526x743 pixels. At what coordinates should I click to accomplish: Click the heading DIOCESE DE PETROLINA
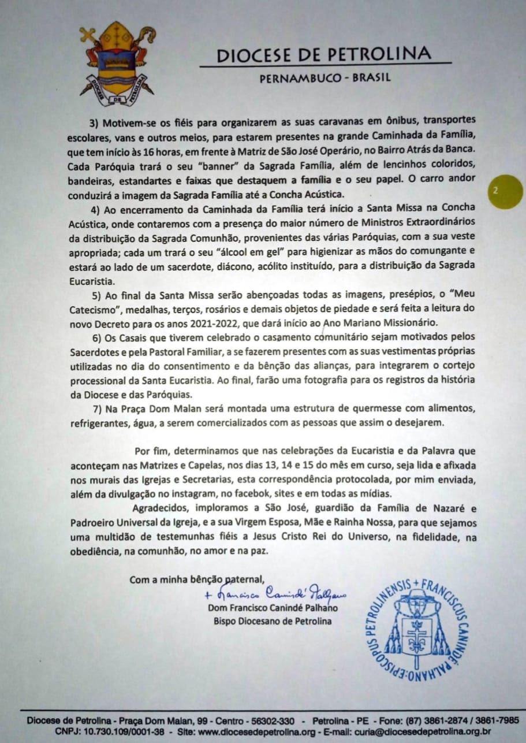tap(323, 55)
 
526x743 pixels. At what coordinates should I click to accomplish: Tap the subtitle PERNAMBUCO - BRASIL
tap(324, 78)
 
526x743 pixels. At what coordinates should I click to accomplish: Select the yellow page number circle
tap(496, 191)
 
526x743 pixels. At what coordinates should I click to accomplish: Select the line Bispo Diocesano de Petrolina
tap(272, 622)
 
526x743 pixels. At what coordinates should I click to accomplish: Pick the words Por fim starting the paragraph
tap(151, 451)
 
